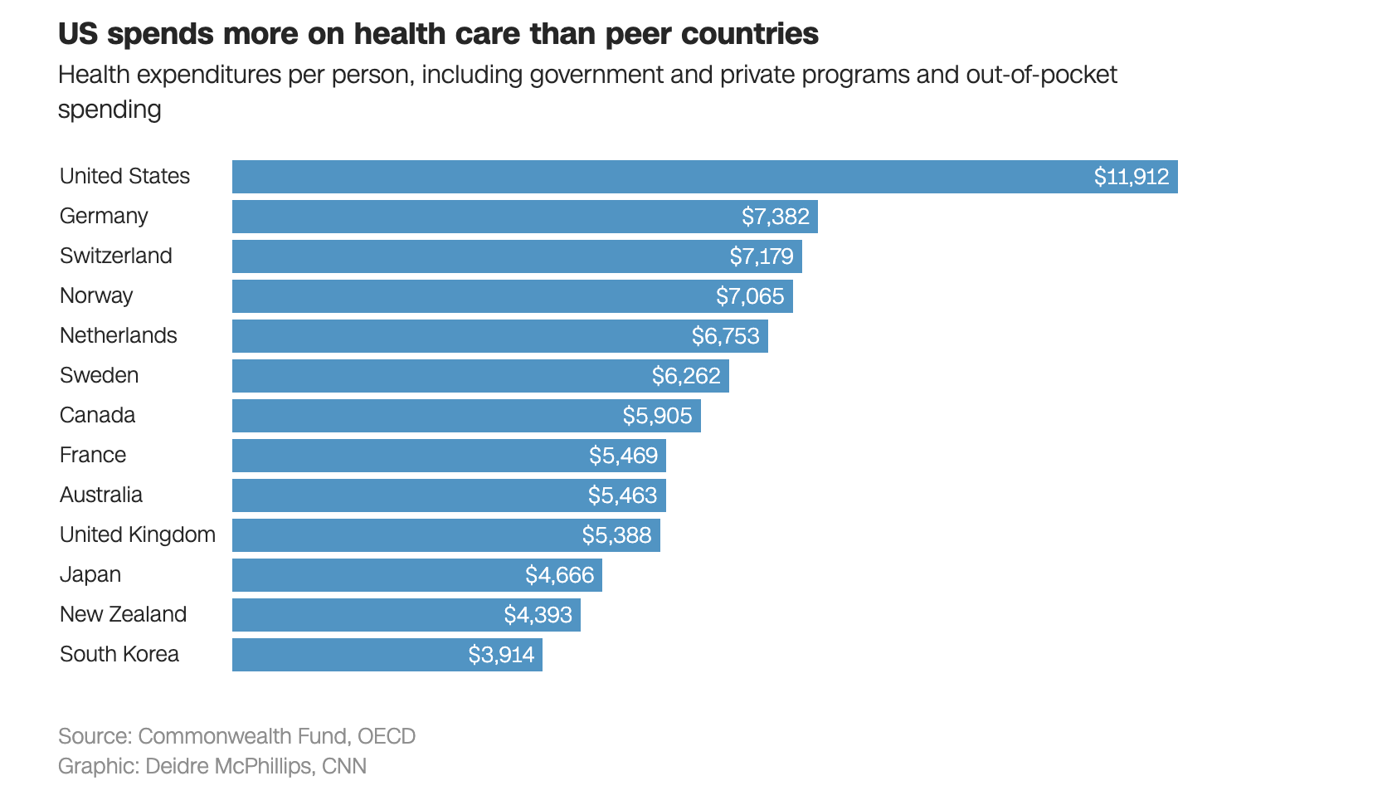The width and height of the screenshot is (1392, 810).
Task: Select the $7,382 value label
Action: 775,217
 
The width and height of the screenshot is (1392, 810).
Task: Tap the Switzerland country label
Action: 116,256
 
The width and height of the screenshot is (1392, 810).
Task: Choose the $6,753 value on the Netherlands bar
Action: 725,336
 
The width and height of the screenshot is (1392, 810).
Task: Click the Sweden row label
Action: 100,375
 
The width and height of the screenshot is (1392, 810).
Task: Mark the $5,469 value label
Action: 623,456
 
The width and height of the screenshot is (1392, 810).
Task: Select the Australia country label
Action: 101,495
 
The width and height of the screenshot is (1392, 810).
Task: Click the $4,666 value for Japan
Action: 559,575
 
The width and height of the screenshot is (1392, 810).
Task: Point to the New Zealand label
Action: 123,614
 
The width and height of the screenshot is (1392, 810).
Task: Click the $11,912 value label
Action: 1131,177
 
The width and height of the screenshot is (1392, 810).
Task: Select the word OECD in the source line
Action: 387,736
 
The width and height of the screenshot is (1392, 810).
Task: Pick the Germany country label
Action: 104,216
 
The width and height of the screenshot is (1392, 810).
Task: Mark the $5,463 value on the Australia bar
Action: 622,495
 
